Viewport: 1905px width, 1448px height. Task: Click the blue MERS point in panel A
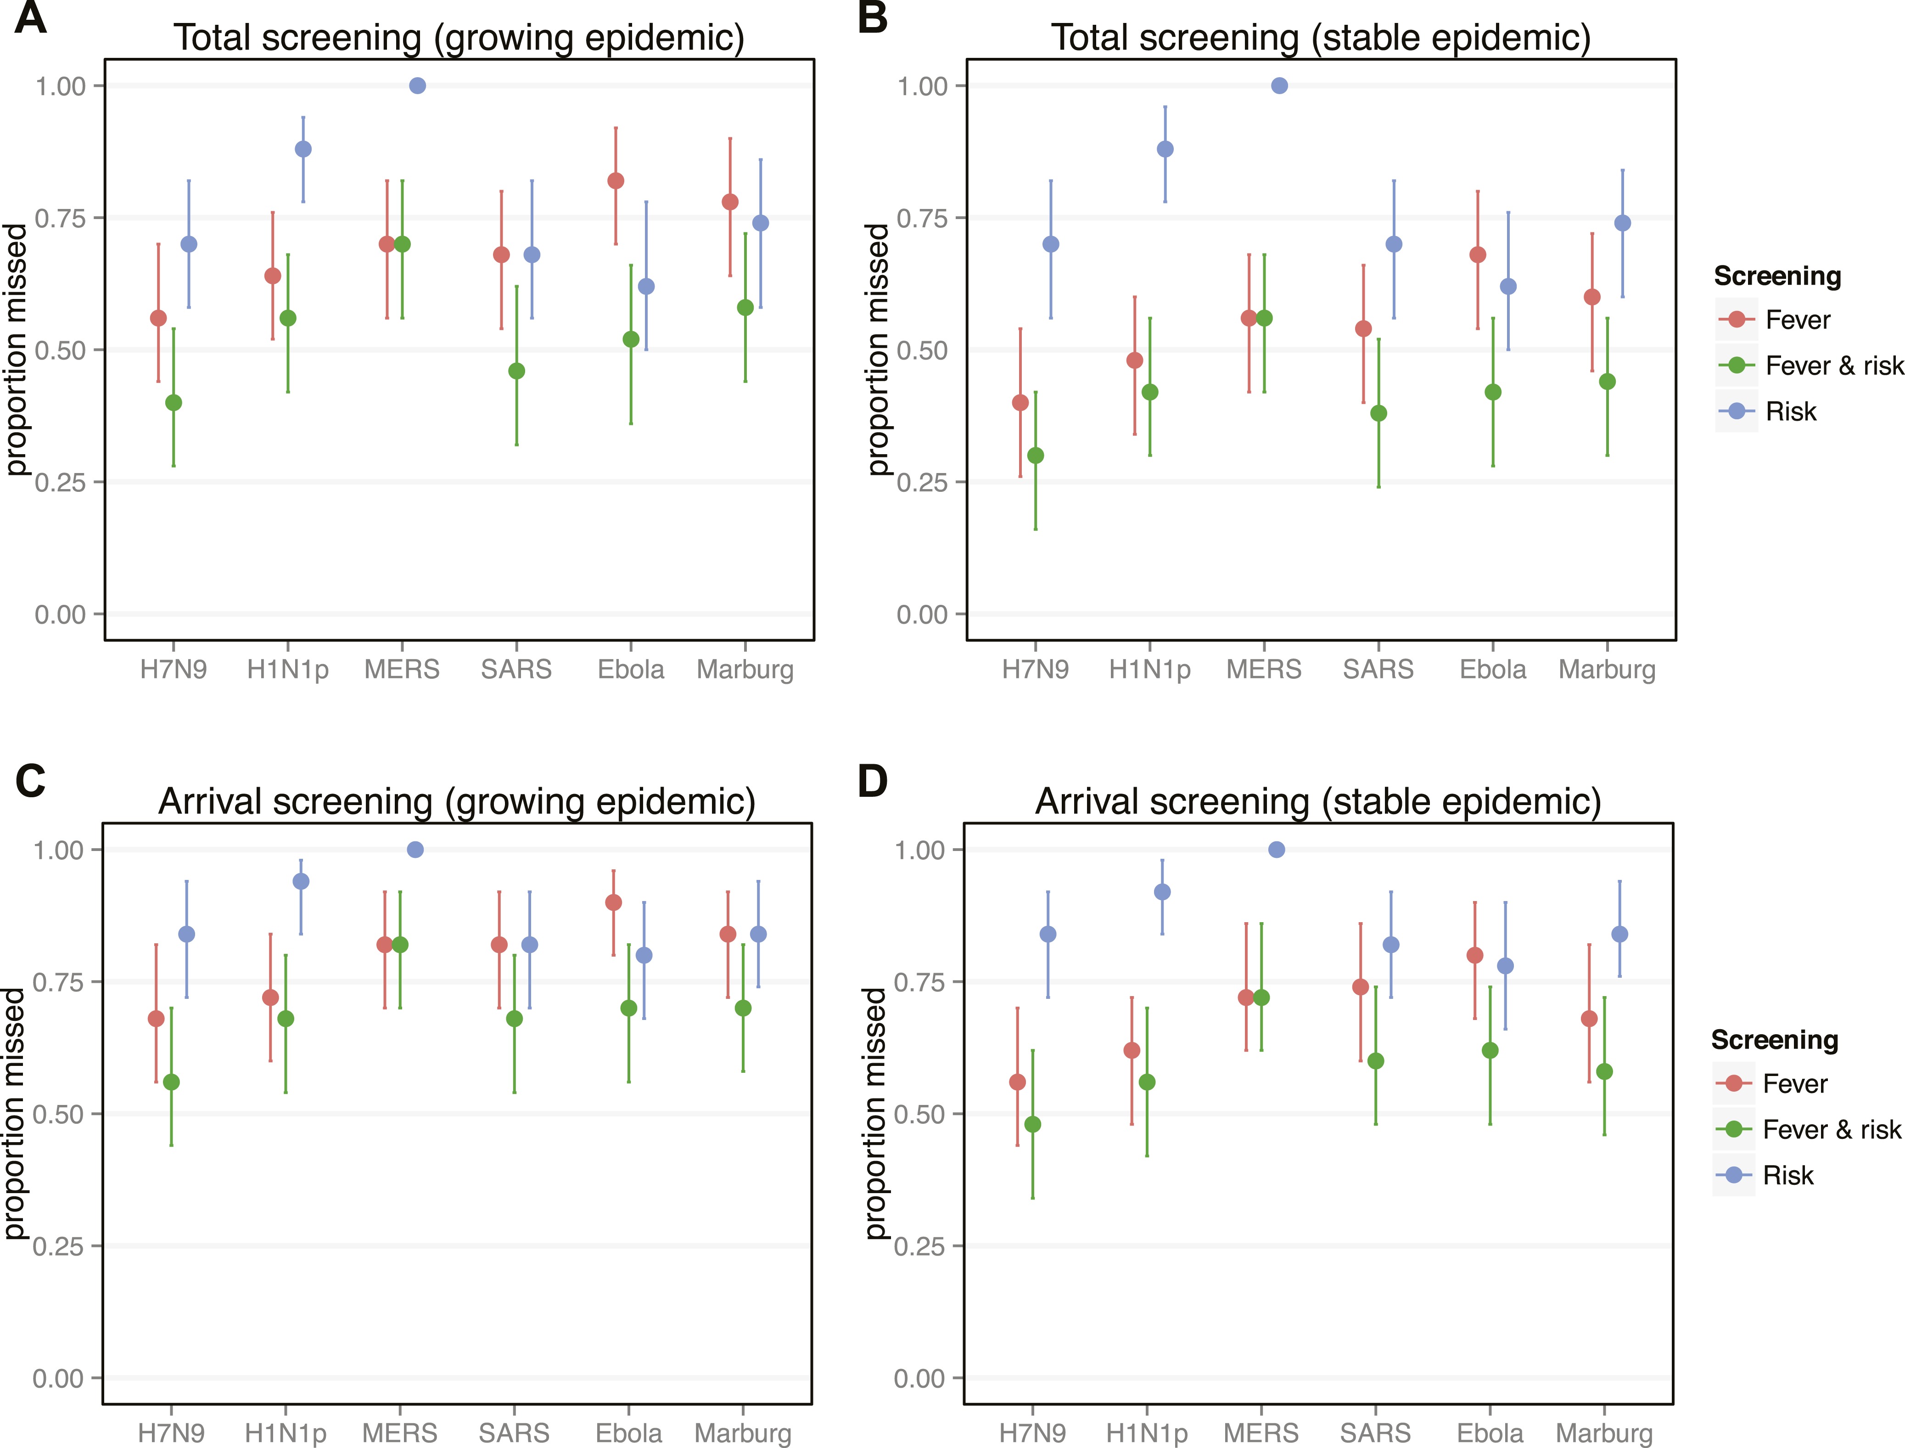[x=417, y=85]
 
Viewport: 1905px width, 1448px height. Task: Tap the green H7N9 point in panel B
[x=1036, y=455]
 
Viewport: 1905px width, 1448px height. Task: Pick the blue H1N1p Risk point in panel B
[x=1165, y=149]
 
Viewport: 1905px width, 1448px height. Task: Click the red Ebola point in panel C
[x=613, y=902]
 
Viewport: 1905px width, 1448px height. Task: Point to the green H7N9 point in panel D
[x=1032, y=1124]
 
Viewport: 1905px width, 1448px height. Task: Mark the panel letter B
[x=873, y=18]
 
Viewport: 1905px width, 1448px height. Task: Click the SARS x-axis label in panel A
[x=516, y=669]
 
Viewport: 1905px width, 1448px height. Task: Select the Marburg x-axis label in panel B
[x=1607, y=669]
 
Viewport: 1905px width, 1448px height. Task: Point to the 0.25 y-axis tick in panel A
[x=60, y=482]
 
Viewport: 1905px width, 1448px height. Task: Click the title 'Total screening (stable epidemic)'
[x=1320, y=38]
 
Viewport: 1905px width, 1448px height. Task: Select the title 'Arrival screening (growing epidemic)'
[x=457, y=801]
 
